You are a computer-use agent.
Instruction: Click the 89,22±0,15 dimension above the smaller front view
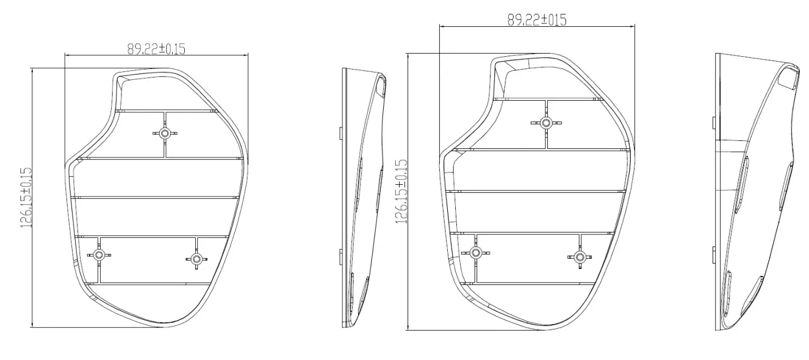[156, 49]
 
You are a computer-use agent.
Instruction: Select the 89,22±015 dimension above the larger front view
[536, 20]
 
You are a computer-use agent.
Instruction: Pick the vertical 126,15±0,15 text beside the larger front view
[401, 192]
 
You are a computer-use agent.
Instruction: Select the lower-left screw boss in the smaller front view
[98, 255]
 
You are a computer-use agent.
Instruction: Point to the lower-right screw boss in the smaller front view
[196, 259]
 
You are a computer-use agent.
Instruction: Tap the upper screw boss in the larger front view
[546, 123]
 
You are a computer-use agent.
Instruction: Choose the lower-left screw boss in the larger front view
[475, 252]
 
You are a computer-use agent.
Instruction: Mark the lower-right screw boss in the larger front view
[579, 257]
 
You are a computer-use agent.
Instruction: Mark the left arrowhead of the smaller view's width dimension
[67, 56]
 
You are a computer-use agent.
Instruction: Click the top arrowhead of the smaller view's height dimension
[31, 70]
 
